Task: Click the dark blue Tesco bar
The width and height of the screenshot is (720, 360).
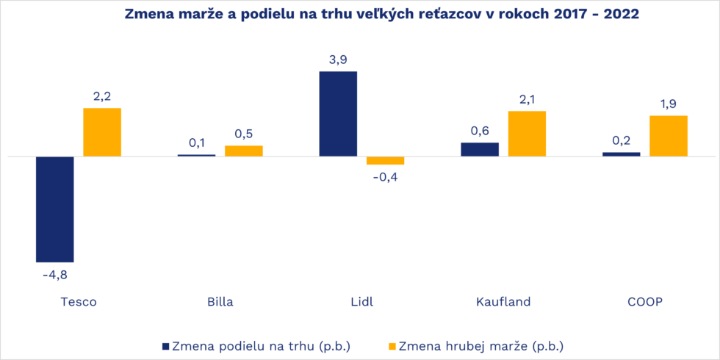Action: click(x=55, y=209)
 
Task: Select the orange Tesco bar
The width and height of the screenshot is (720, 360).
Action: click(x=102, y=132)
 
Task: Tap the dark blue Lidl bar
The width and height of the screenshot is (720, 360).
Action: click(x=338, y=114)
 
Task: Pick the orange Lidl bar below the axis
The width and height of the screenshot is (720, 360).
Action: click(x=385, y=160)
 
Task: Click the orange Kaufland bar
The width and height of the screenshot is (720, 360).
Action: click(x=527, y=134)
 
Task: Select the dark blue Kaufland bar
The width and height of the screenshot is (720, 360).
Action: click(x=480, y=149)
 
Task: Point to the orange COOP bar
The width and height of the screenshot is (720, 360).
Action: click(x=668, y=136)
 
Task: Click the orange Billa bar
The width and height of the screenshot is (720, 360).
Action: click(x=244, y=151)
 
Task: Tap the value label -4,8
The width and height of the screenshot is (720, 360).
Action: click(x=55, y=275)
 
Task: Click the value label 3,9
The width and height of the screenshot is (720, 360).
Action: click(x=338, y=60)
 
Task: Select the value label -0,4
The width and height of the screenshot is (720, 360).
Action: click(x=385, y=177)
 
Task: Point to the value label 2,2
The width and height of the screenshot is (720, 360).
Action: click(x=102, y=96)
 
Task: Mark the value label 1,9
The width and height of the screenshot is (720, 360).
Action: click(x=668, y=104)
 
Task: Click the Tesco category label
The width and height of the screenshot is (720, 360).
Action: click(x=78, y=302)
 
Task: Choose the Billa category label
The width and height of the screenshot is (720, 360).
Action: click(x=220, y=302)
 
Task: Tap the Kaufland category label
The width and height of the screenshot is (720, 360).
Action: click(x=503, y=302)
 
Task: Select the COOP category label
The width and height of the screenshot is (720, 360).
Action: click(x=644, y=302)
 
